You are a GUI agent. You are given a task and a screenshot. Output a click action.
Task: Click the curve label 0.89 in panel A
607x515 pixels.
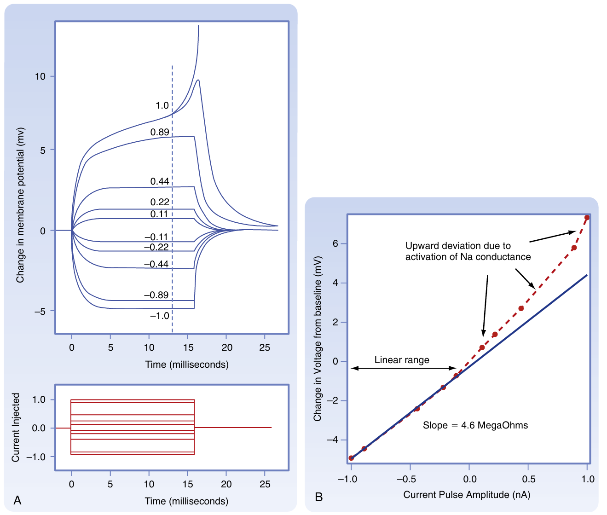coord(160,132)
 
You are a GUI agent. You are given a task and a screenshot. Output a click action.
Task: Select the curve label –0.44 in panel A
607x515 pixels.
coord(156,265)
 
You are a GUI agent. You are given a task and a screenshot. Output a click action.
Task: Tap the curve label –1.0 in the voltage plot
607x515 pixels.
coord(159,316)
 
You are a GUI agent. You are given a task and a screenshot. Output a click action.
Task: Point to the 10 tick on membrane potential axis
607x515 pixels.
coord(40,76)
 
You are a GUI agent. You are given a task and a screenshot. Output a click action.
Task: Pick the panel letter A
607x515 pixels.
coord(17,500)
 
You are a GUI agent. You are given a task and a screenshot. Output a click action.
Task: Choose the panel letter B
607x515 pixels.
coord(318,497)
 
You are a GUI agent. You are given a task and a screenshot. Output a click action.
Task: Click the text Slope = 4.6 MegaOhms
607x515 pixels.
coord(475,425)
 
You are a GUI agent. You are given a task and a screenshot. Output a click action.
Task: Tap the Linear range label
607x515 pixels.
coord(402,360)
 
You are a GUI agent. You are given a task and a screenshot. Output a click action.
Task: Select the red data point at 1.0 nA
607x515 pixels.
coord(587,217)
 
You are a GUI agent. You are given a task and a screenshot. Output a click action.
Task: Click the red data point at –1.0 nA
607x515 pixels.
coord(351,458)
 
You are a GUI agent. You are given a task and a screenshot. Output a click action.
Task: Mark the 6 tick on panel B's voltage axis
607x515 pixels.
coord(335,243)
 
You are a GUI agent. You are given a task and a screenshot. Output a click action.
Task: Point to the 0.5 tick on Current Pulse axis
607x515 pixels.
coord(529,479)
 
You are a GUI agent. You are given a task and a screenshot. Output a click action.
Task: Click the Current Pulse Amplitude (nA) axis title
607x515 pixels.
coord(467,495)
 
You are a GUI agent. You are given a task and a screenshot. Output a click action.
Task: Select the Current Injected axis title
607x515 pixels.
coord(16,427)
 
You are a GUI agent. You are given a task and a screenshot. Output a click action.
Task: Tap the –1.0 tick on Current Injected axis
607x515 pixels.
coord(36,457)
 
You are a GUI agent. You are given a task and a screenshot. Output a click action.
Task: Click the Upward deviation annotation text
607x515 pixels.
coord(468,251)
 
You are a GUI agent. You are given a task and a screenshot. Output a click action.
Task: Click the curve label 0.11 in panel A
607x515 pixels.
coord(159,214)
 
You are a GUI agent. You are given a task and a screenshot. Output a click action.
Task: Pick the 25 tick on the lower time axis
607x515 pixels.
coord(265,484)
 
